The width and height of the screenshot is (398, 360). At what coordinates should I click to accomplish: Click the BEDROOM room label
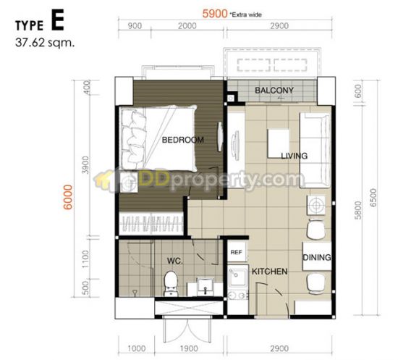pos(183,140)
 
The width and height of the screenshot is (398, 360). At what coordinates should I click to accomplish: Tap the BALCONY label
pos(274,91)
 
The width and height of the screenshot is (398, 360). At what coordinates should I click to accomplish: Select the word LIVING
pos(295,156)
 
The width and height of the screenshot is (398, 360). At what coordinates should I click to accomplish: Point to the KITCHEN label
pos(270,272)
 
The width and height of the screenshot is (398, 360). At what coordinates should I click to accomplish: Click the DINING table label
pos(317,257)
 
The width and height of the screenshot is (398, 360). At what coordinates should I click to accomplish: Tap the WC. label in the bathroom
pos(175,261)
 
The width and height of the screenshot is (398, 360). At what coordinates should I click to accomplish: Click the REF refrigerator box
pos(237,252)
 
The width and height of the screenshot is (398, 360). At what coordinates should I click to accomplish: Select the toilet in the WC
pos(170,283)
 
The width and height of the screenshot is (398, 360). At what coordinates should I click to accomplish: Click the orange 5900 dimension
pos(215,14)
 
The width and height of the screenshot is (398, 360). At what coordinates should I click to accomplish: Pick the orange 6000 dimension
pos(68,197)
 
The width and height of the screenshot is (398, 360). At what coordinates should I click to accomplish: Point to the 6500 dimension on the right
pos(373,198)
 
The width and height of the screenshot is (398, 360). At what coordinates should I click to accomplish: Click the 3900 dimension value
pos(86,165)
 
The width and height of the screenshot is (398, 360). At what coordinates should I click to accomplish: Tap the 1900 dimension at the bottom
pos(189,348)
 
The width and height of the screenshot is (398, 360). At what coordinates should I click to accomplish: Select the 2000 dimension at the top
pos(187,25)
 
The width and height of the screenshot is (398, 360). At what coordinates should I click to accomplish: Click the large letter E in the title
pos(58,20)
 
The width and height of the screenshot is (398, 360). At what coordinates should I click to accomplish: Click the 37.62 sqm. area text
pos(45,43)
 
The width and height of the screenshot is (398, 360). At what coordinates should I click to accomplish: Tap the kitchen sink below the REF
pos(237,276)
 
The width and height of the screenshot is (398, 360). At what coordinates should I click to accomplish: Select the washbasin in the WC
pos(206,286)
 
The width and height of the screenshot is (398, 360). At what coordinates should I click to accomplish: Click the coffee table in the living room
pos(278,143)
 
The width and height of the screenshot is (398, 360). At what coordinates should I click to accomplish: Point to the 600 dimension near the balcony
pos(357,91)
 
